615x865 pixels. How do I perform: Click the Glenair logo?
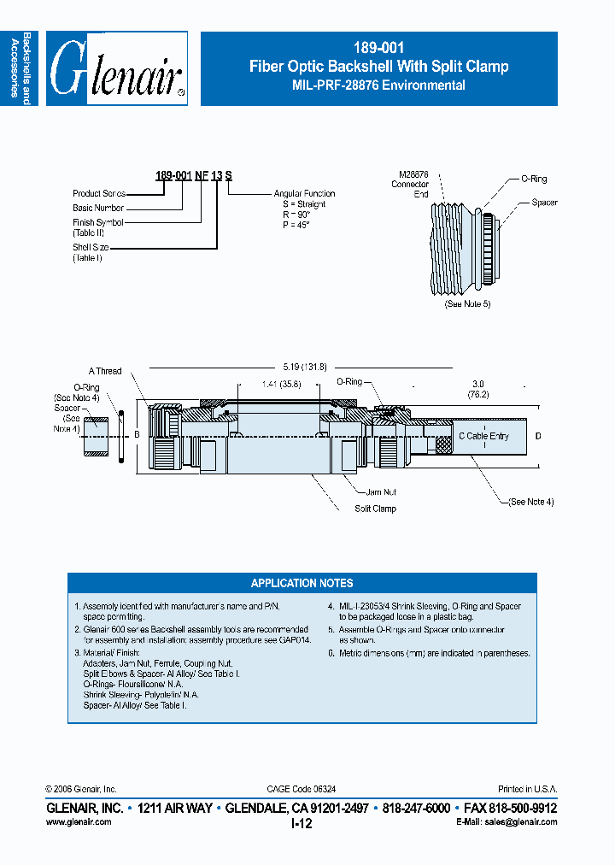point(116,69)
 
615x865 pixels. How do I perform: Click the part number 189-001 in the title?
point(378,49)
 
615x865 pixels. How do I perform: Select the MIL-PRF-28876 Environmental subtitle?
point(378,85)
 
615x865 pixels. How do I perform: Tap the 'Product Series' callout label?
point(99,194)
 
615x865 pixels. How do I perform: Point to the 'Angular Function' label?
point(304,194)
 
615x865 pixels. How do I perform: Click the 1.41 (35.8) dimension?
point(281,385)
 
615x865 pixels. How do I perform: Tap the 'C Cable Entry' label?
point(484,436)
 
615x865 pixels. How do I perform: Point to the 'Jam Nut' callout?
point(382,492)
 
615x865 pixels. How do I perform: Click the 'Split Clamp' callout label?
point(375,509)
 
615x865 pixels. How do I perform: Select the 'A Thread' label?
point(105,371)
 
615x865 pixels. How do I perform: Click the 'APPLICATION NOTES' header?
point(302,583)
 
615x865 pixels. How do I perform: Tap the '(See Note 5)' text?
point(467,304)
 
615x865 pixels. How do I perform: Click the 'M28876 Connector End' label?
point(410,184)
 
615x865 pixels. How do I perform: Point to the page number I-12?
point(302,823)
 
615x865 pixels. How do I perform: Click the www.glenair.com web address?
point(78,821)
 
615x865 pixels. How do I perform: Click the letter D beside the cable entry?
point(538,437)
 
